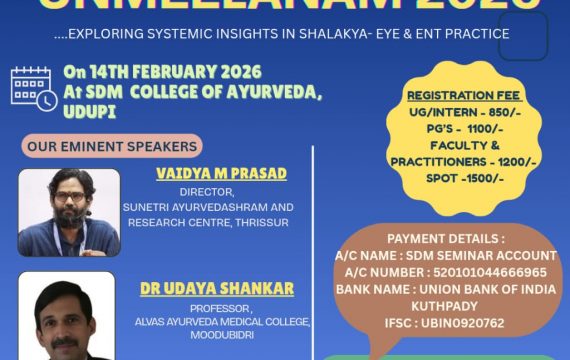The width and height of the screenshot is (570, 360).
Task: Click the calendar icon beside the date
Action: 33,87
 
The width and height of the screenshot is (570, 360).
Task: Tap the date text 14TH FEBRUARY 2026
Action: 176,72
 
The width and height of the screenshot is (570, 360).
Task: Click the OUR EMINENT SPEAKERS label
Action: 92,145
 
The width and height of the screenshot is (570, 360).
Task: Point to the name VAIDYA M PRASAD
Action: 221,174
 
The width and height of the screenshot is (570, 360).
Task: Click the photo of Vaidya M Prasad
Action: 69,212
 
